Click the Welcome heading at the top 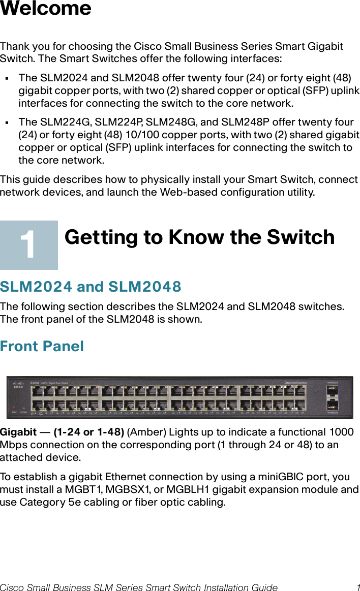46,9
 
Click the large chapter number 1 28,245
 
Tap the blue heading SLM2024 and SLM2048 91,287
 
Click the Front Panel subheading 42,347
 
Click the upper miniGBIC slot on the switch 335,390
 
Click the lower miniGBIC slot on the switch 335,405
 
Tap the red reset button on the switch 14,407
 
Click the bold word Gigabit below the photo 18,432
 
